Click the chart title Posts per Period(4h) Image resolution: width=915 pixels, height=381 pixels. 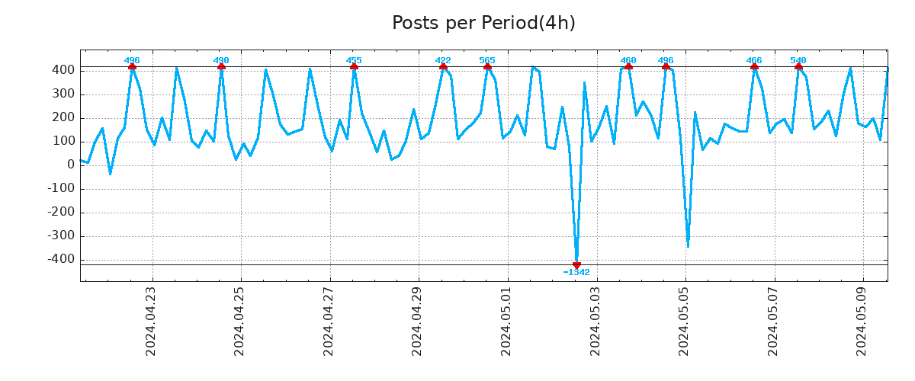click(483, 23)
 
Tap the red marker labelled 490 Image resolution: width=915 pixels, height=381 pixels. click(221, 67)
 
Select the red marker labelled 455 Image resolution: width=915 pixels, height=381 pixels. click(354, 67)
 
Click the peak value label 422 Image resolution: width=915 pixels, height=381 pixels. click(443, 60)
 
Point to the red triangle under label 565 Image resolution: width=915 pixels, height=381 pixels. click(487, 67)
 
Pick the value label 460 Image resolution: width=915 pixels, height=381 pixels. click(628, 60)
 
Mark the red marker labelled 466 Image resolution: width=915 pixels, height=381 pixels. click(754, 67)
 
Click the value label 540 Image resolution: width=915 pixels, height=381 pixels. click(798, 60)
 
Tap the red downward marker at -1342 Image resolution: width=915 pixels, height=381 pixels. click(576, 264)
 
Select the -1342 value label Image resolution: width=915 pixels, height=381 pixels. click(576, 273)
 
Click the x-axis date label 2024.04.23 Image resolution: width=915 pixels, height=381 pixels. click(151, 320)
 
